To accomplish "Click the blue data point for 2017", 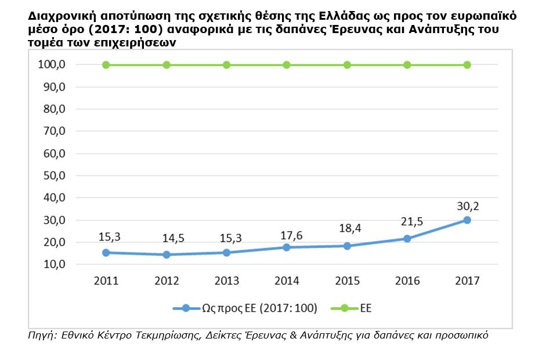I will (467, 220).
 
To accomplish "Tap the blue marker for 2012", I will (167, 254).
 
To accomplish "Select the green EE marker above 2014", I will (287, 65).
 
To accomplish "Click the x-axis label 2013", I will (226, 281).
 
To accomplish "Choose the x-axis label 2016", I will (407, 281).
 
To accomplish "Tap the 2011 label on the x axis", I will (106, 281).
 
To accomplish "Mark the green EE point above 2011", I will (106, 65).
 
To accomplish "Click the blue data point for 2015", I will (347, 246).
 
